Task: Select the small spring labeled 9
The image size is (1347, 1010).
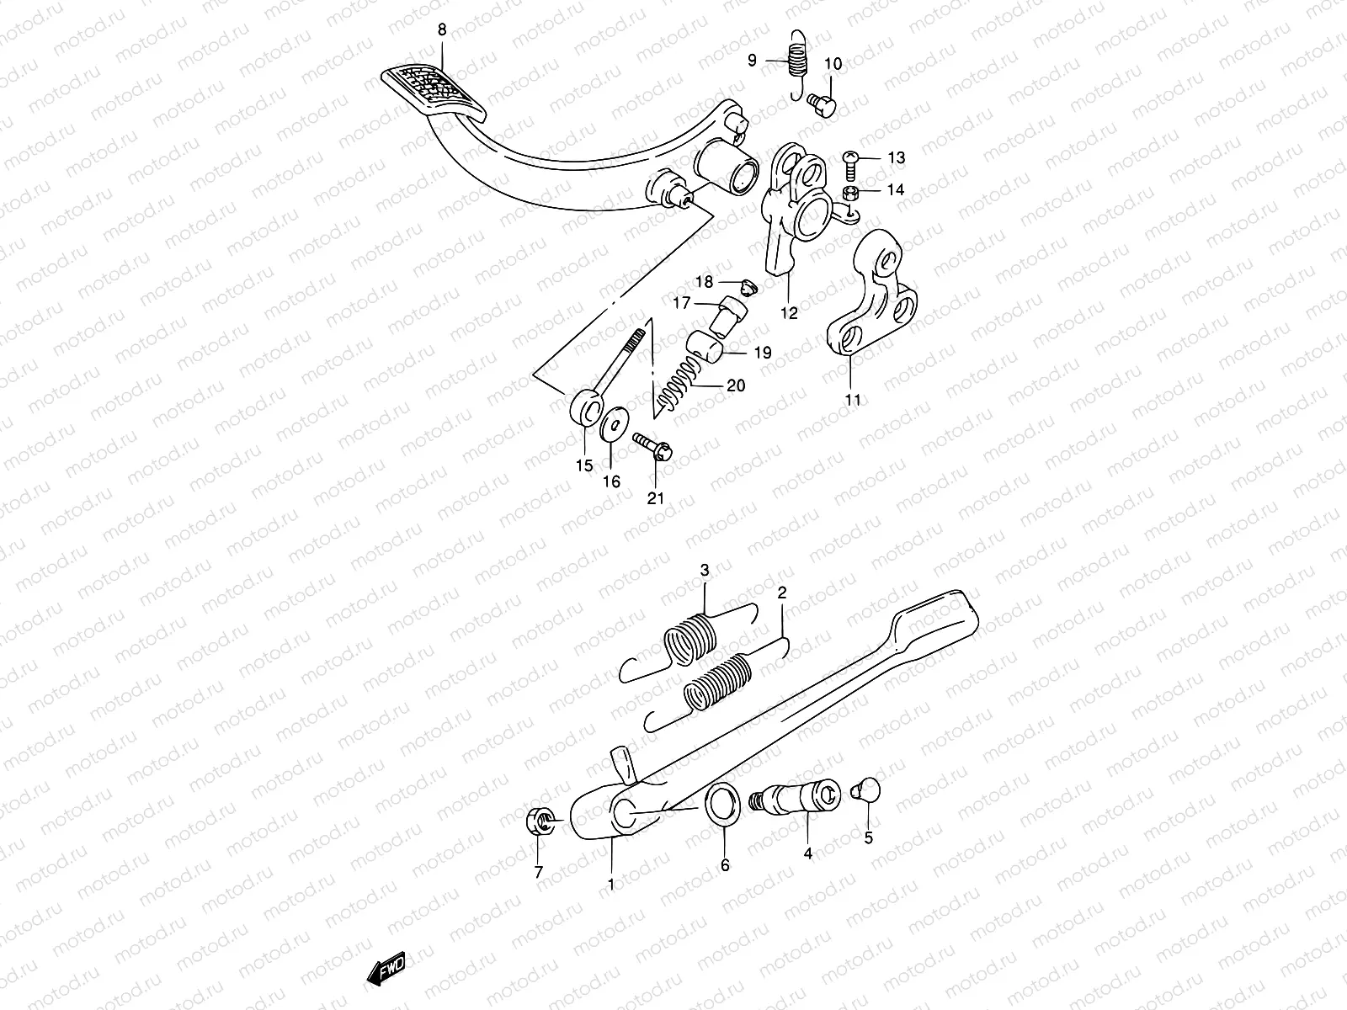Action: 796,59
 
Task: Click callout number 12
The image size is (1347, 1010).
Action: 788,313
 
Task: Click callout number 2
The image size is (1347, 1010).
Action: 782,593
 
